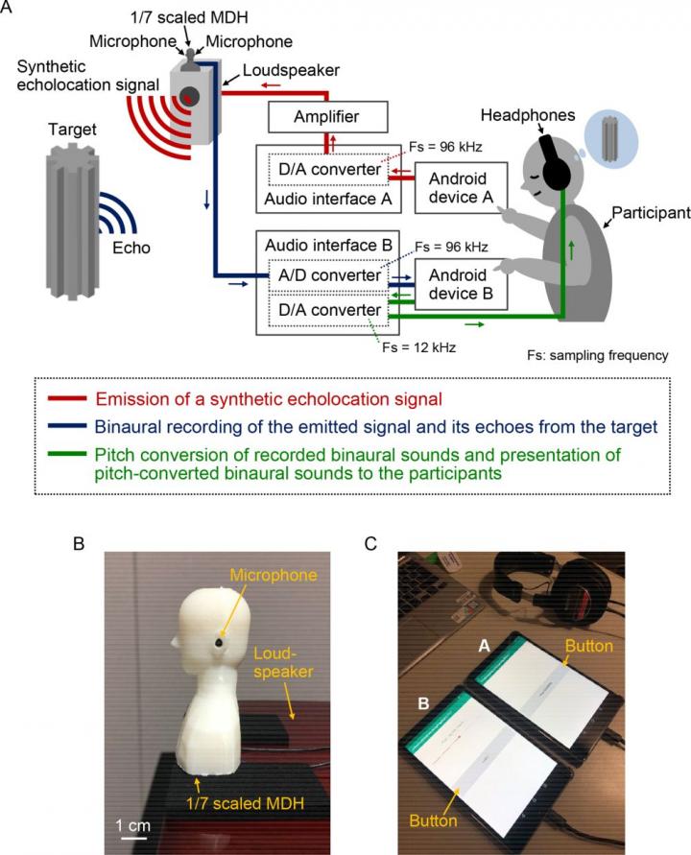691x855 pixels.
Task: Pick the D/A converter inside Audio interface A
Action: click(328, 170)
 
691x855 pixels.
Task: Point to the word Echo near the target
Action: click(129, 247)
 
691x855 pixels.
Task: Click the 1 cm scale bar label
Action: click(133, 825)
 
